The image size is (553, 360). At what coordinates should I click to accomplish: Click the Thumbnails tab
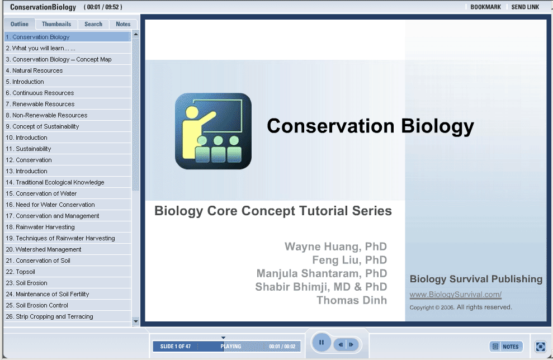(56, 24)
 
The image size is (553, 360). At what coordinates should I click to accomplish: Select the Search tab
(93, 24)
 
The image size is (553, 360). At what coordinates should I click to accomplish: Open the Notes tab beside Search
(123, 24)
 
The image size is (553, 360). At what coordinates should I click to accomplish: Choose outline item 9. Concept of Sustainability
(42, 126)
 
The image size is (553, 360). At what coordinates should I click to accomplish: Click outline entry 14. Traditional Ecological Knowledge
(55, 182)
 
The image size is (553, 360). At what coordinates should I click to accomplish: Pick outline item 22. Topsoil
(21, 272)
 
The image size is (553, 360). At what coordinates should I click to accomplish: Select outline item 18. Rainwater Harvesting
(40, 227)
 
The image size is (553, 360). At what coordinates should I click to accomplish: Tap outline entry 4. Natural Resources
(34, 70)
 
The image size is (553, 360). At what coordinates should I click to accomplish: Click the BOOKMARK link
(486, 7)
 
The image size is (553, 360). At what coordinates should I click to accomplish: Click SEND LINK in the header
(525, 7)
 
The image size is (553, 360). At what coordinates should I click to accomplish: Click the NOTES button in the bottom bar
(506, 347)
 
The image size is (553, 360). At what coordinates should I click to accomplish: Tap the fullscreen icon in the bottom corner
(540, 347)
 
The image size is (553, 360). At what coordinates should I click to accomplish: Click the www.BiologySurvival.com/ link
(455, 295)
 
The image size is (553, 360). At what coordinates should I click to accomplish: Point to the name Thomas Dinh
(352, 300)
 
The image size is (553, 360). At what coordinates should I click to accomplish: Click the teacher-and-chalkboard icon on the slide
(214, 131)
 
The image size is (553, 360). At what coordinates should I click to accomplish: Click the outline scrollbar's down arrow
(136, 321)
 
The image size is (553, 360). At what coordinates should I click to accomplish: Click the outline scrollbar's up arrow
(136, 35)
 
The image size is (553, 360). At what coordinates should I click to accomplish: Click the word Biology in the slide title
(437, 126)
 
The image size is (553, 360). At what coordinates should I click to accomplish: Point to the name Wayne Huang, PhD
(335, 247)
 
